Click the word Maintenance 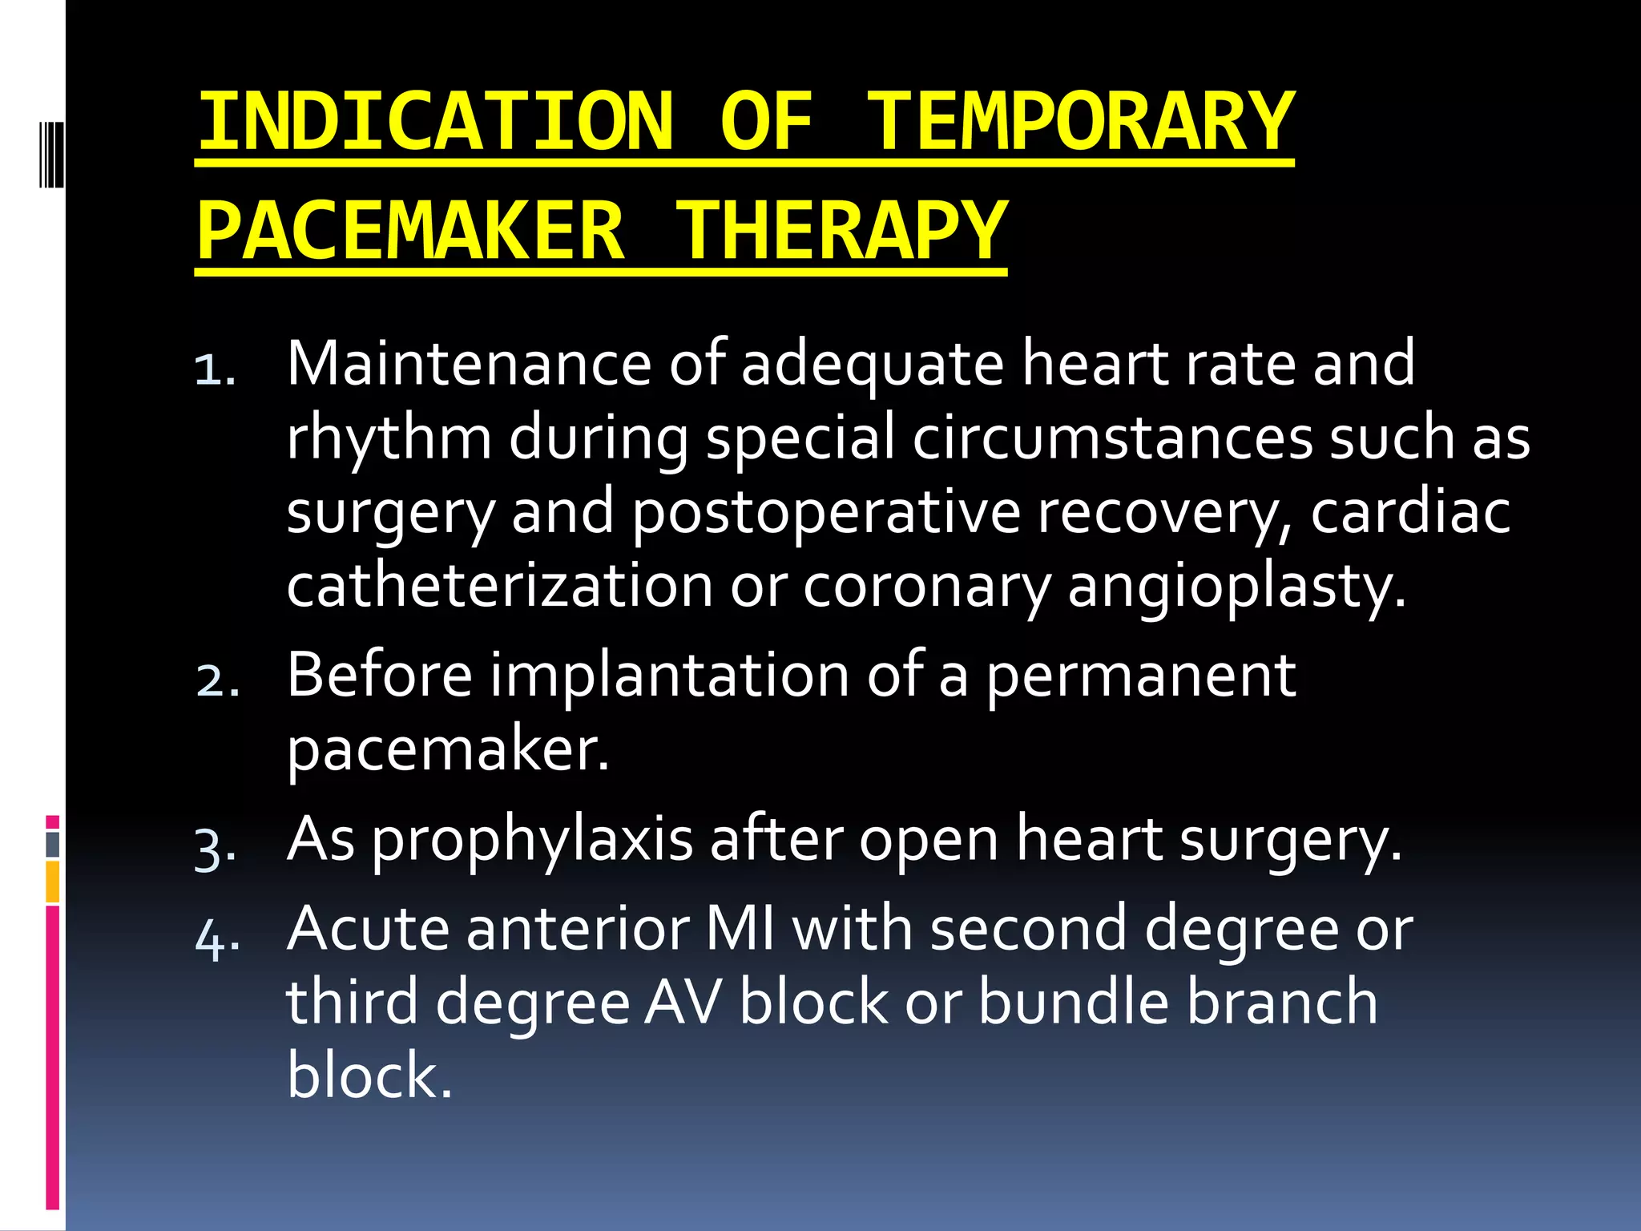(x=469, y=364)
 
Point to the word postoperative (x=825, y=513)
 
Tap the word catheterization (x=499, y=586)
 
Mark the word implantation (x=669, y=676)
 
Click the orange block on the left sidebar (x=53, y=882)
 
